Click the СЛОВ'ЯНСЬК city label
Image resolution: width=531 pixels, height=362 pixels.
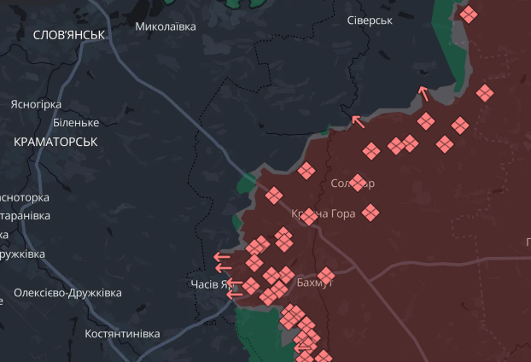click(68, 35)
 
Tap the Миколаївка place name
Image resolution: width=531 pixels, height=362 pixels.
click(166, 26)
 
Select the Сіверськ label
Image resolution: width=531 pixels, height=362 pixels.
click(370, 20)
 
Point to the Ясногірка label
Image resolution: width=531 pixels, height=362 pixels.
click(36, 104)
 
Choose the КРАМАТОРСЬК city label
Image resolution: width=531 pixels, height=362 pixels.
click(55, 142)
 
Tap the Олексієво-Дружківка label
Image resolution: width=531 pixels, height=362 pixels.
click(67, 293)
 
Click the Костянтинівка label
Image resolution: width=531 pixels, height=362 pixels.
click(122, 334)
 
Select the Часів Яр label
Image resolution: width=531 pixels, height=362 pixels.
click(209, 284)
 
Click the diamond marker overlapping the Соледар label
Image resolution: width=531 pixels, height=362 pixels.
click(359, 182)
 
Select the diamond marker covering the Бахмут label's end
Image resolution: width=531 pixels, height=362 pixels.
click(325, 275)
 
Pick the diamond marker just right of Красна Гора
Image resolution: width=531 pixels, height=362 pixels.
click(371, 212)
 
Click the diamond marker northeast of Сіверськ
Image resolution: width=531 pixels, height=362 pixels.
click(468, 15)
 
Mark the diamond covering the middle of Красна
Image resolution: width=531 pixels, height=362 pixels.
click(309, 217)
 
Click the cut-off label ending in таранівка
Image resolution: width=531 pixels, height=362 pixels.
click(24, 216)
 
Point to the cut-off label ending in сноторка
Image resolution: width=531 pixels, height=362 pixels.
click(24, 197)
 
